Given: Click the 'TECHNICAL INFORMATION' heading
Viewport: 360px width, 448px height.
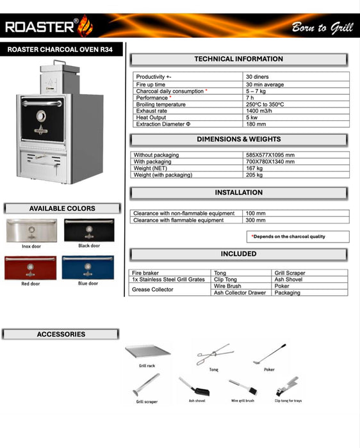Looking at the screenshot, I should click(238, 60).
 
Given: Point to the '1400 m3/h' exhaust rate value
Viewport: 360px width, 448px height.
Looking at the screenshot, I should click(261, 111).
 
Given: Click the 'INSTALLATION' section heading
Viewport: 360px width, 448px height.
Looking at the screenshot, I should click(238, 193).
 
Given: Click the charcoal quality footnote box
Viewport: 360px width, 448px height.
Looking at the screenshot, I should click(298, 237).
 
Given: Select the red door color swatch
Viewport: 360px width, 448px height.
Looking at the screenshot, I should click(30, 267).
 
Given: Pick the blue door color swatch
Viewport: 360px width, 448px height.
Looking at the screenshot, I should click(88, 267).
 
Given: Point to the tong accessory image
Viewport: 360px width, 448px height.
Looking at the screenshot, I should click(215, 353).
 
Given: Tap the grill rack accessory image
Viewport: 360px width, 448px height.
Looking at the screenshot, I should click(148, 351).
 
